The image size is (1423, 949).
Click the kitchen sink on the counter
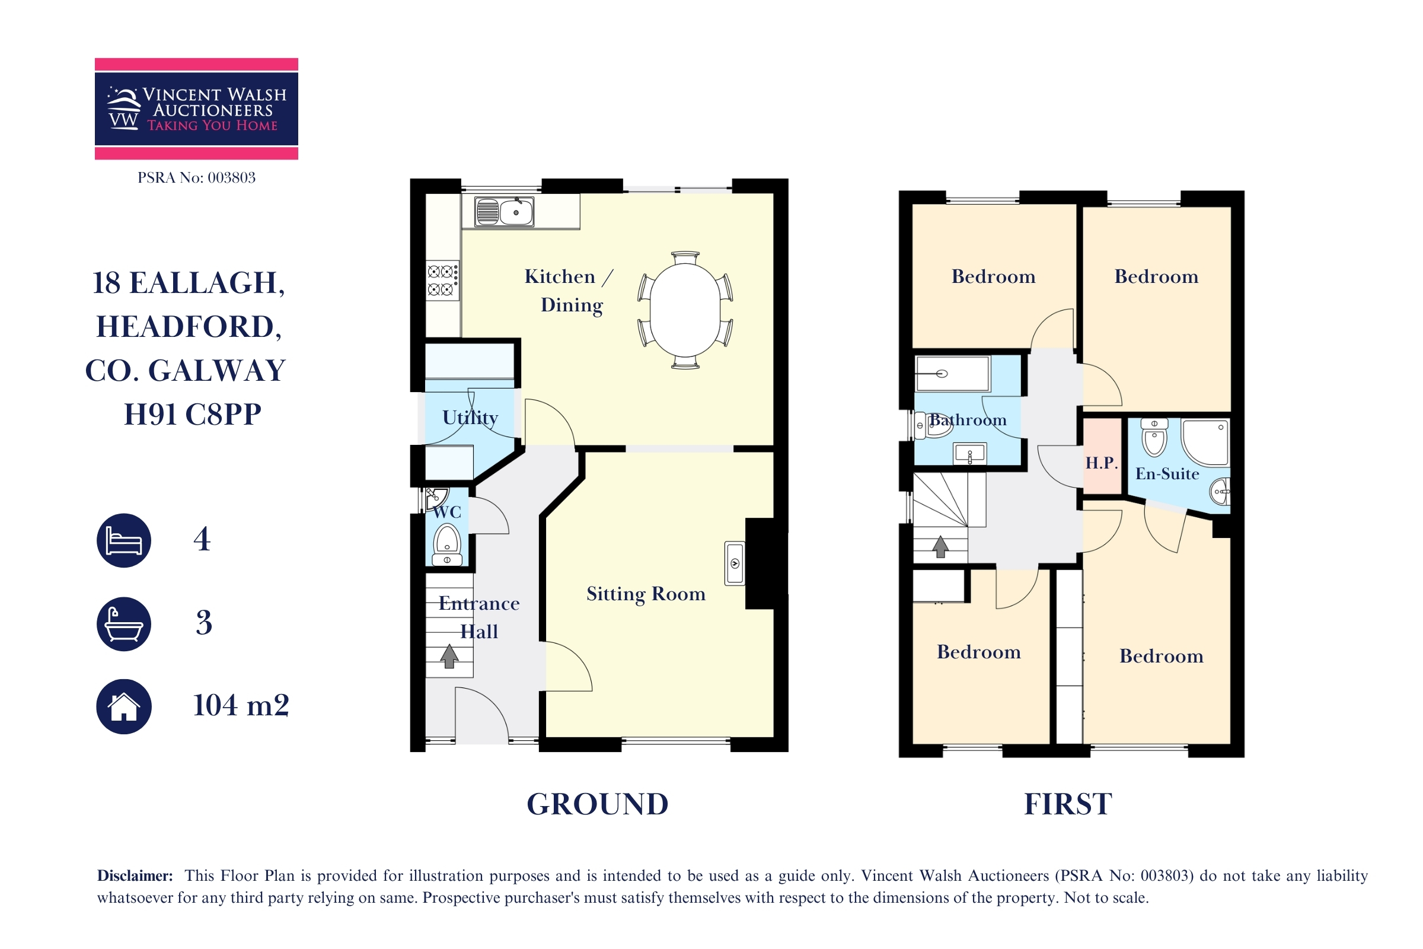point(504,211)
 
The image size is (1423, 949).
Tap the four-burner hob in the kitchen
point(443,280)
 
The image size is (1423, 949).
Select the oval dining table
point(685,310)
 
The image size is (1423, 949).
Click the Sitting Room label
point(646,594)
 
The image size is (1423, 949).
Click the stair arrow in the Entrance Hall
point(449,656)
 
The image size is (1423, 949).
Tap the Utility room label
point(470,417)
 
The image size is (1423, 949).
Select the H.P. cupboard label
point(1101,463)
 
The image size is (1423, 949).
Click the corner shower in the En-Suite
point(1205,442)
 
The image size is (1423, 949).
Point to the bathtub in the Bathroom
point(952,374)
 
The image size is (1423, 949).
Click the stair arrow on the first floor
point(940,546)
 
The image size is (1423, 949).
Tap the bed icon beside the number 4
point(124,540)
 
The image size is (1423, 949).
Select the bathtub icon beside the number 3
point(124,624)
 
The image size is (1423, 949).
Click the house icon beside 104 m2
point(124,706)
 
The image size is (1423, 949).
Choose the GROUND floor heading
point(598,804)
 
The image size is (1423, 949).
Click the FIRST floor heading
point(1068,804)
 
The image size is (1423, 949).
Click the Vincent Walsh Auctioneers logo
point(197,109)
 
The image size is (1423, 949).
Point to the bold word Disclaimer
point(135,876)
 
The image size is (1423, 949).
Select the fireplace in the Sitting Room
point(767,563)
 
